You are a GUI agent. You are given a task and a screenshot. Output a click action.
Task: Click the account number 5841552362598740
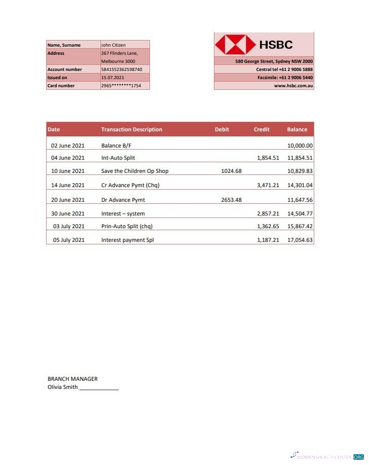pyautogui.click(x=122, y=69)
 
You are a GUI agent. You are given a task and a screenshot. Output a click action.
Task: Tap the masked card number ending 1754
pyautogui.click(x=121, y=86)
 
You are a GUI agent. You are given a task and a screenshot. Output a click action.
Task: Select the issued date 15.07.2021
pyautogui.click(x=113, y=78)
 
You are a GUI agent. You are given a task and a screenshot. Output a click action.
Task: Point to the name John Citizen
pyautogui.click(x=114, y=45)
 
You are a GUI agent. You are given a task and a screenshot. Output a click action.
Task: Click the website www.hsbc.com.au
pyautogui.click(x=293, y=86)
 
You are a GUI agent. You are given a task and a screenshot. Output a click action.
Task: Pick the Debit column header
pyautogui.click(x=222, y=129)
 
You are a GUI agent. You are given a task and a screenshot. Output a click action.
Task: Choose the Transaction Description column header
pyautogui.click(x=132, y=129)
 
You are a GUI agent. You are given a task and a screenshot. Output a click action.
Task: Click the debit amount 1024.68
pyautogui.click(x=232, y=171)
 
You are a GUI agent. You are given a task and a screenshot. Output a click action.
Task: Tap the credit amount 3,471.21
pyautogui.click(x=268, y=185)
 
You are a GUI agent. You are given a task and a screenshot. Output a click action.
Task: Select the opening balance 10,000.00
pyautogui.click(x=300, y=146)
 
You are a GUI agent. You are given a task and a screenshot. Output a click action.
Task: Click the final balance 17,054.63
pyautogui.click(x=300, y=240)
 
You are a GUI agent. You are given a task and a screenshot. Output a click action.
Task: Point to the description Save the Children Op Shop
pyautogui.click(x=135, y=171)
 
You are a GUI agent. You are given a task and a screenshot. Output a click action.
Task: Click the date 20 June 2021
pyautogui.click(x=68, y=200)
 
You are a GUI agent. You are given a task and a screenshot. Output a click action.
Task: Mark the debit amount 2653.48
pyautogui.click(x=232, y=200)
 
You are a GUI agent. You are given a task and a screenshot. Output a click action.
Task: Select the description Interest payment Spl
pyautogui.click(x=127, y=240)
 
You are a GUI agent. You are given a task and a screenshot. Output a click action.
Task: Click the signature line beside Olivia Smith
pyautogui.click(x=99, y=388)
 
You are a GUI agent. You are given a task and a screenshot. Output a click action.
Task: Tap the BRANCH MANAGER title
pyautogui.click(x=72, y=379)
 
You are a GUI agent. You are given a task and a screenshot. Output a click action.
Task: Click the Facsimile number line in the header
pyautogui.click(x=285, y=78)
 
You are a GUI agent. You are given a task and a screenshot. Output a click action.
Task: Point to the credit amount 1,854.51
pyautogui.click(x=268, y=158)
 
